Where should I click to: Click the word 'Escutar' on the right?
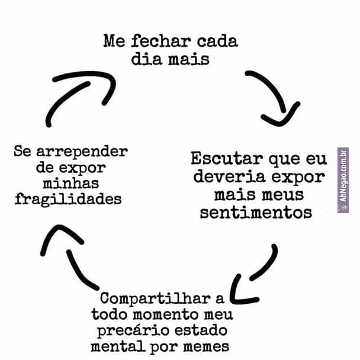pos(227,159)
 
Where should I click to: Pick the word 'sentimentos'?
pos(256,212)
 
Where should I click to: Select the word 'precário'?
pos(133,329)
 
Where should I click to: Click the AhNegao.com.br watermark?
pos(343,180)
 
